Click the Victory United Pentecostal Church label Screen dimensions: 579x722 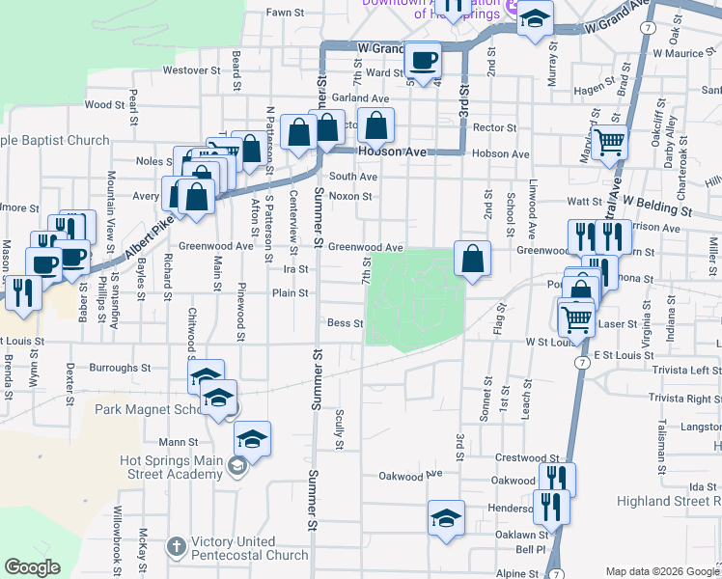(x=248, y=547)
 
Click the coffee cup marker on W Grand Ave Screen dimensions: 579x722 (x=423, y=62)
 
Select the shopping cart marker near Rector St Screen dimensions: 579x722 (x=610, y=143)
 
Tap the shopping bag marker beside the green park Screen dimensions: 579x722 (x=472, y=259)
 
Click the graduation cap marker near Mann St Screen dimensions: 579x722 (x=252, y=439)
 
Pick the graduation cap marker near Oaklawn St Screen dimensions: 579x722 (x=446, y=518)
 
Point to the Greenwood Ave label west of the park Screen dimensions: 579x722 (x=365, y=247)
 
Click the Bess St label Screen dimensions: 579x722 (x=345, y=323)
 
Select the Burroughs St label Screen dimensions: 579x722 (x=120, y=368)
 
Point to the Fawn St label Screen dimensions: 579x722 (x=286, y=14)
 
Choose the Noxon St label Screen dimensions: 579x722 (x=350, y=196)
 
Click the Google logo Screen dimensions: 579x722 (x=32, y=567)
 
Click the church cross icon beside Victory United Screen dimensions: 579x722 (x=176, y=547)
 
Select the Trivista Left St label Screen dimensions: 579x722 (x=684, y=370)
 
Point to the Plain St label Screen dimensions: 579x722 (x=290, y=292)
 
